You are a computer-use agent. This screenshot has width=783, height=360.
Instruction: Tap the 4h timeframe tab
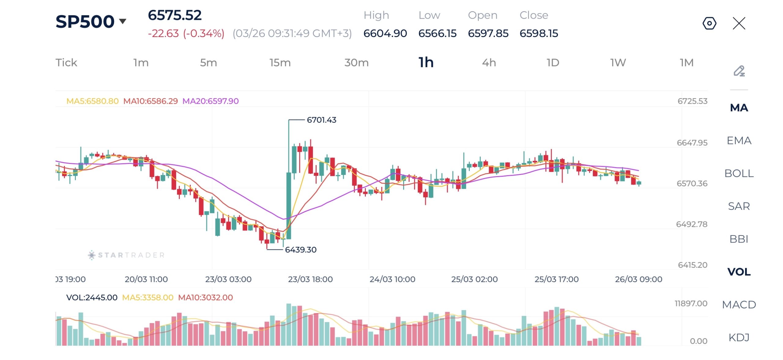point(489,63)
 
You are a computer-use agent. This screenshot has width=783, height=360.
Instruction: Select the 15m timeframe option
point(280,63)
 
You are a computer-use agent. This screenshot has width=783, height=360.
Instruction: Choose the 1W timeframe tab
point(618,63)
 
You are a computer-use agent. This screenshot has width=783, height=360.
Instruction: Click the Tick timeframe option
point(66,63)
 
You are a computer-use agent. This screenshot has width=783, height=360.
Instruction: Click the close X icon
point(739,23)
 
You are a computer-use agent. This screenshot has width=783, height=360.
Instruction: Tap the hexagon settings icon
point(709,23)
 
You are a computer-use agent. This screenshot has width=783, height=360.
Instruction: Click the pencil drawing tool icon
point(739,71)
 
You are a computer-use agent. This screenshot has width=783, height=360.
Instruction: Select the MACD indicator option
point(739,305)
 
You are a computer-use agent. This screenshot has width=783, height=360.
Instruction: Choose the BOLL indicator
point(739,173)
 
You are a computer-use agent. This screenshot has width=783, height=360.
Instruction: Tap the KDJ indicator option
point(739,337)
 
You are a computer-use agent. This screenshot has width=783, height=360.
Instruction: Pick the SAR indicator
point(739,206)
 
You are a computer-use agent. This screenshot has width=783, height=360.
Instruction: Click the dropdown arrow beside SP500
point(123,21)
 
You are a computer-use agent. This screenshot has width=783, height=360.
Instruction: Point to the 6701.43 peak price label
point(321,120)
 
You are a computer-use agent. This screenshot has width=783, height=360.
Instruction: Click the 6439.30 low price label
point(301,250)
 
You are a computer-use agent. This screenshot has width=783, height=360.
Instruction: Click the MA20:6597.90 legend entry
point(210,101)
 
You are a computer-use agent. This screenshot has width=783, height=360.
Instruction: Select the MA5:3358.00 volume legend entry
point(148,297)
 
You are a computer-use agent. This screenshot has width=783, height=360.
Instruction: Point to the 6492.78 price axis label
point(692,224)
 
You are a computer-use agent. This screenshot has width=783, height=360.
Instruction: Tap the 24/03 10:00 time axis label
point(392,279)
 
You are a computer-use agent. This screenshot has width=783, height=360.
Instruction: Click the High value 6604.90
point(385,33)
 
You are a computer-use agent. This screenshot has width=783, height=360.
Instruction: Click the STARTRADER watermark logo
point(126,255)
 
